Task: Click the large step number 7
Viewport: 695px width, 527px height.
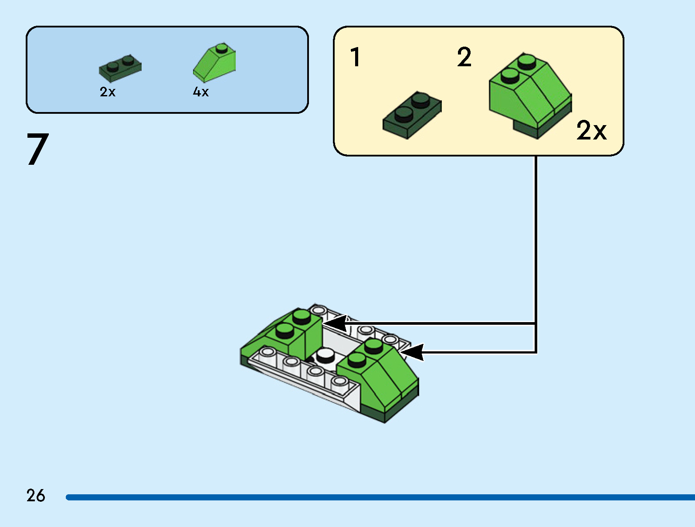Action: pos(38,149)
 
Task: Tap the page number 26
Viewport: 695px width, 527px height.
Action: pos(35,496)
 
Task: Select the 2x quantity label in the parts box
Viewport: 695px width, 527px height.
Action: pos(108,92)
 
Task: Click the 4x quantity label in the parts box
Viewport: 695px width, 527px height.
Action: pos(201,92)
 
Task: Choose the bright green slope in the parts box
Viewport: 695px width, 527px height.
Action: pos(215,63)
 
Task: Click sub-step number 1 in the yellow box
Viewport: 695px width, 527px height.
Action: pos(356,57)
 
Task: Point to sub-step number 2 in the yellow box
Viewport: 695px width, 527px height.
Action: pos(464,57)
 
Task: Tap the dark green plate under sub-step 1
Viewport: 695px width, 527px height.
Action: pos(412,115)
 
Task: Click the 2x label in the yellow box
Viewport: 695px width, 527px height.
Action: pos(591,130)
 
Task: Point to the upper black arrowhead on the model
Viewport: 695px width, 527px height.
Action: pos(336,324)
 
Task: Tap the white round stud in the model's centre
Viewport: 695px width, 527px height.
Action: pos(324,355)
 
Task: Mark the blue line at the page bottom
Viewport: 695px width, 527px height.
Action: pos(379,497)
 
